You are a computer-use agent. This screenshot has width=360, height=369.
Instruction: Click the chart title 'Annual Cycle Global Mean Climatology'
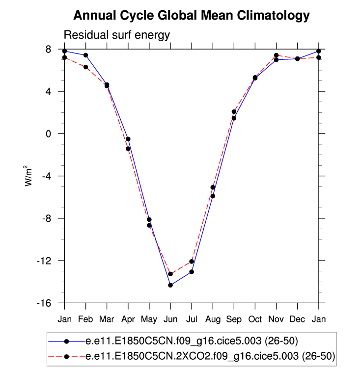click(x=192, y=16)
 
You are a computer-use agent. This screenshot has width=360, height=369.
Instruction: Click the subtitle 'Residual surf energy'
click(x=117, y=35)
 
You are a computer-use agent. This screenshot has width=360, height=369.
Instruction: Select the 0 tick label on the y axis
click(x=55, y=134)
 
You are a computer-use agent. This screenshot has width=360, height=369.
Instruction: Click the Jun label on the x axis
click(x=170, y=319)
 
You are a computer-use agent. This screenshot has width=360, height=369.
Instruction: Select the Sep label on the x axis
click(x=234, y=319)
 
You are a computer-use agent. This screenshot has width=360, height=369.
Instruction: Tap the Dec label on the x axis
click(x=298, y=319)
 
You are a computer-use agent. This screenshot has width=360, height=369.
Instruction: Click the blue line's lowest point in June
click(x=170, y=285)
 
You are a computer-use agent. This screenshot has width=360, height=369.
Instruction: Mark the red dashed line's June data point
click(x=170, y=274)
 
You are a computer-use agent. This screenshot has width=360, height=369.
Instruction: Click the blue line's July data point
click(x=192, y=272)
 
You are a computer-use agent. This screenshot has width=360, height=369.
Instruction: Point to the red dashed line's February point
click(x=85, y=67)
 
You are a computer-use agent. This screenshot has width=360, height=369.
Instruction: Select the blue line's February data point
click(x=85, y=55)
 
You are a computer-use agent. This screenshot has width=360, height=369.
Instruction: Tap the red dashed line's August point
click(x=213, y=187)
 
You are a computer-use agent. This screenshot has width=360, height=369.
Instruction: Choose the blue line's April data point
click(x=128, y=139)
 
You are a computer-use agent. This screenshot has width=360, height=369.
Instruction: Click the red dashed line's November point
click(x=277, y=55)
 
